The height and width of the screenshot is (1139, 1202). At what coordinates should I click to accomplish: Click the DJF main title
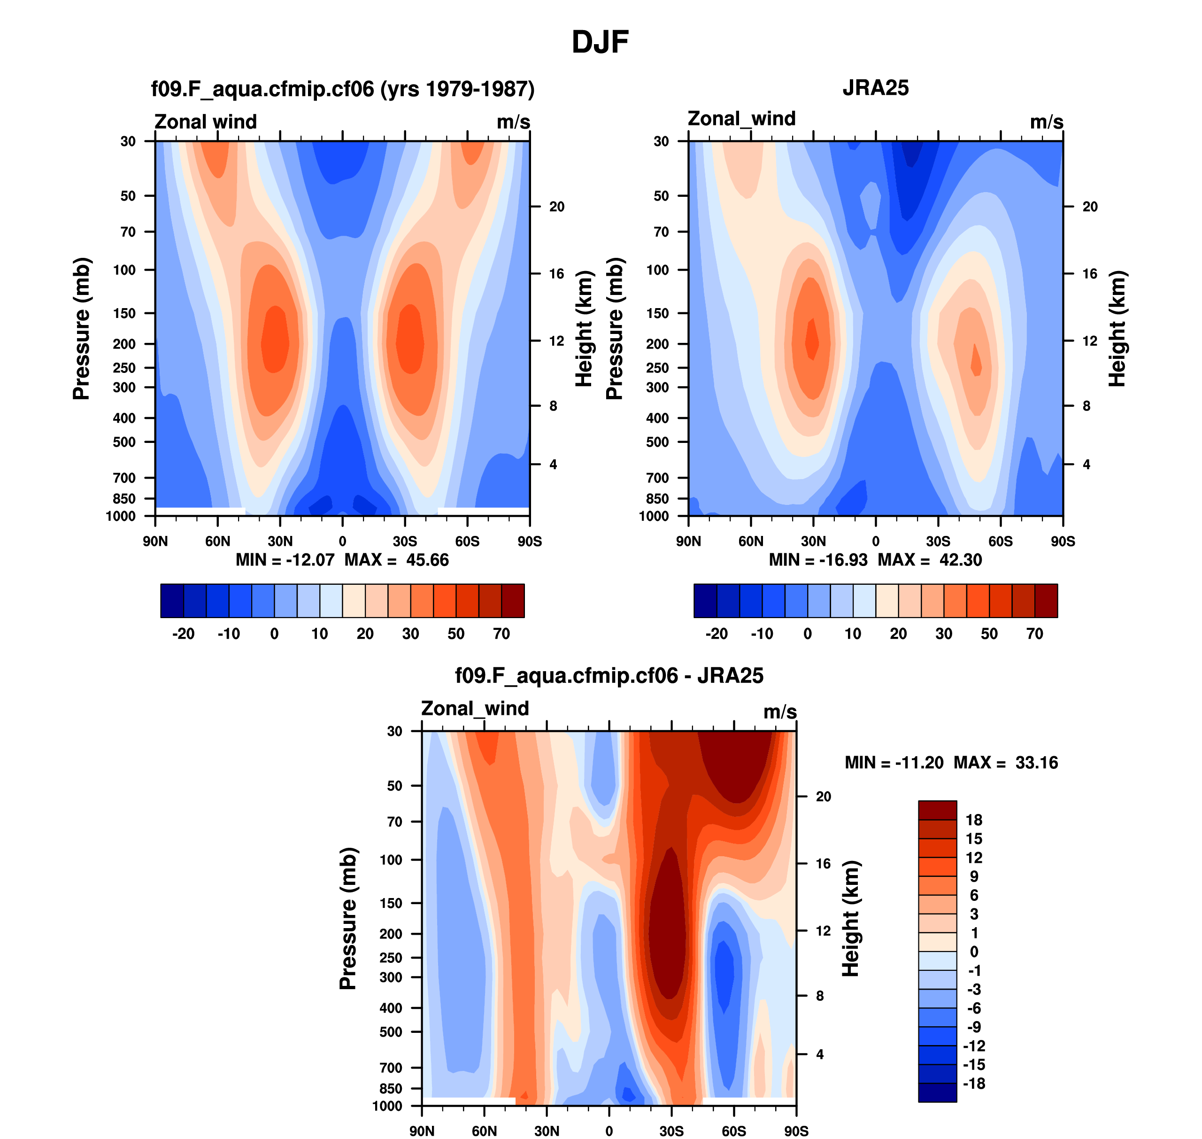600,42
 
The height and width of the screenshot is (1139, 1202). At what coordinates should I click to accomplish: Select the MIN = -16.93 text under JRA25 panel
818,560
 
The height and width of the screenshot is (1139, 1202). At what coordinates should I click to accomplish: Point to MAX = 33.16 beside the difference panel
1005,763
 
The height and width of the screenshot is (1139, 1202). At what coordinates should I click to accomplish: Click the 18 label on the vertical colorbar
974,820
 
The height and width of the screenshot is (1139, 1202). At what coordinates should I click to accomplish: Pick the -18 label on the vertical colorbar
974,1084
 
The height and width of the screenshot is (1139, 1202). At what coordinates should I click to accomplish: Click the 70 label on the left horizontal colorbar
501,634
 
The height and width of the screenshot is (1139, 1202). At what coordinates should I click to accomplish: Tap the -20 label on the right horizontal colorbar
717,634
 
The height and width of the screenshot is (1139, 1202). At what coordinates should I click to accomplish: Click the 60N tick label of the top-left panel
217,542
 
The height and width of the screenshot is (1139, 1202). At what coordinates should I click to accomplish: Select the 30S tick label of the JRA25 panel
938,542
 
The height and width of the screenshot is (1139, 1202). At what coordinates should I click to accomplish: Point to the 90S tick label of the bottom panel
796,1131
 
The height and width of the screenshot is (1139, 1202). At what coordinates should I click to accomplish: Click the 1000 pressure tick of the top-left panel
121,517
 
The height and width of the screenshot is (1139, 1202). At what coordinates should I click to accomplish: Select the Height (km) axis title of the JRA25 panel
1117,328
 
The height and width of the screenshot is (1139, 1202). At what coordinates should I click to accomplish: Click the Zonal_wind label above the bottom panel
475,709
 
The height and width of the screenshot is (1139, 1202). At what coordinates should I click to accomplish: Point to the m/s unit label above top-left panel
513,122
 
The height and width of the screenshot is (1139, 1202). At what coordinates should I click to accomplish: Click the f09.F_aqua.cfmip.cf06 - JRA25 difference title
609,676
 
